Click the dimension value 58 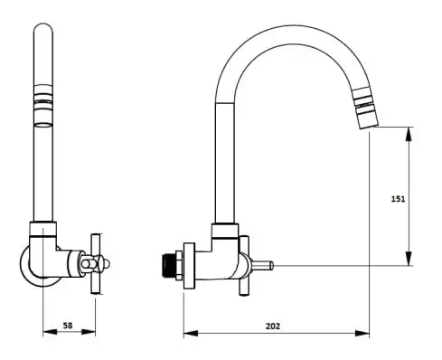pyautogui.click(x=68, y=326)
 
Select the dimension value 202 pyautogui.click(x=273, y=326)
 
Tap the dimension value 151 pyautogui.click(x=398, y=199)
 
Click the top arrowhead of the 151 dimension pyautogui.click(x=409, y=134)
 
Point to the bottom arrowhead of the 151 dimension pyautogui.click(x=409, y=259)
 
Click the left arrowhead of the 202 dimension pyautogui.click(x=191, y=333)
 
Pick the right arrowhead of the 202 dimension pyautogui.click(x=362, y=333)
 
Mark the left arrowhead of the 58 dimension pyautogui.click(x=50, y=332)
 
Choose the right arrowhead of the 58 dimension pyautogui.click(x=89, y=332)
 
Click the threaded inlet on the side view pyautogui.click(x=167, y=266)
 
